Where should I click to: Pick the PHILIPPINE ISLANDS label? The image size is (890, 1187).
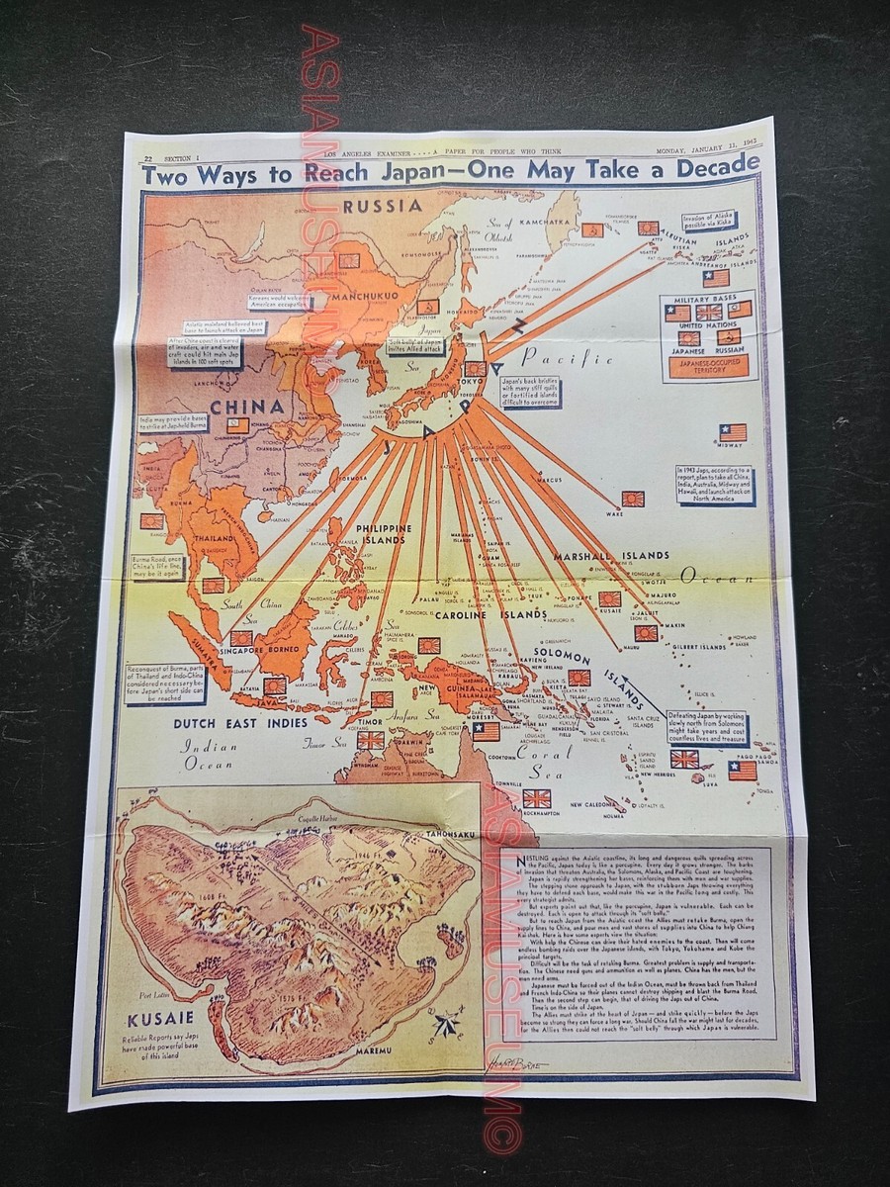click(x=373, y=534)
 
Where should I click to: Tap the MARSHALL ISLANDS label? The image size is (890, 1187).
click(x=612, y=555)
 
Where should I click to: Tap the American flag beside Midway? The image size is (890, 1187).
click(x=733, y=432)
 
